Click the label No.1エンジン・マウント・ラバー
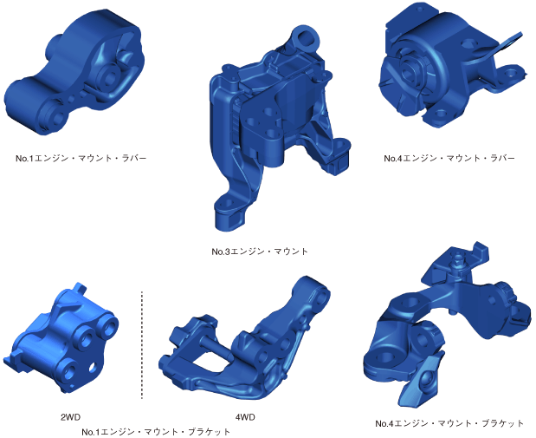point(81,158)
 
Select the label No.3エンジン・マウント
point(260,252)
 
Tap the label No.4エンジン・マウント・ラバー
point(449,158)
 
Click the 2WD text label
point(70,417)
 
